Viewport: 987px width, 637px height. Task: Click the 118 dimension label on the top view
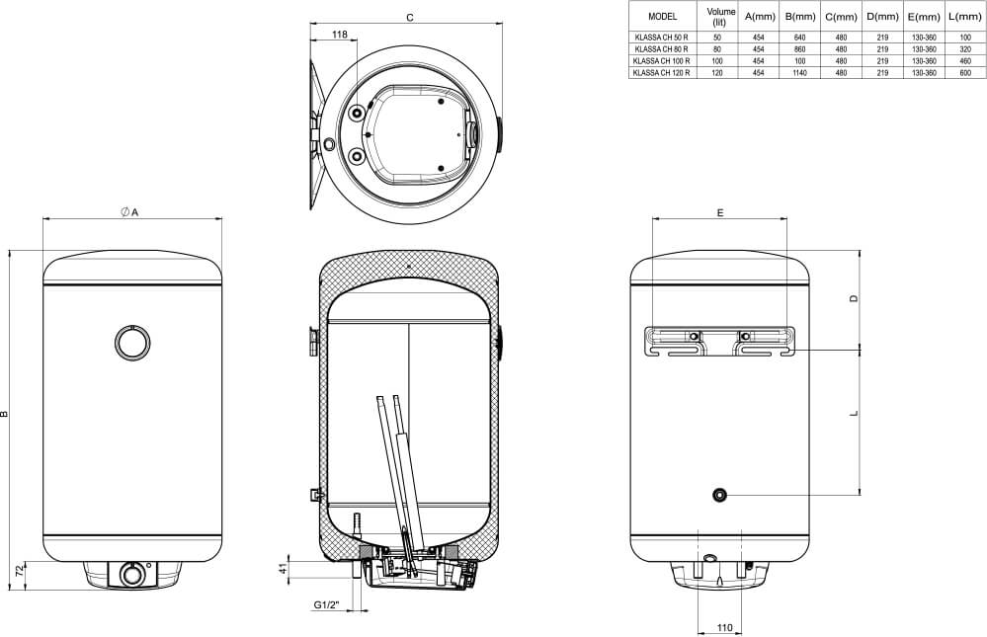(339, 35)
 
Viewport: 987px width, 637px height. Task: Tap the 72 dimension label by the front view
(19, 572)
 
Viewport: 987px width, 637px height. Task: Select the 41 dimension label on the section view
(284, 568)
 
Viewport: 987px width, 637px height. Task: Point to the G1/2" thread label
(327, 605)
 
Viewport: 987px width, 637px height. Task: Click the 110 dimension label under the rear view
(724, 627)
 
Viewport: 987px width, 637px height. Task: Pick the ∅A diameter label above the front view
(129, 212)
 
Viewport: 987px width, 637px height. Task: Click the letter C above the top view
(410, 18)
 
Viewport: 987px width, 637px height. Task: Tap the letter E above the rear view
(720, 212)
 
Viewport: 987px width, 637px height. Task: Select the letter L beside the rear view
(855, 414)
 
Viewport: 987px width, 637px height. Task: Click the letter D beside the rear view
(855, 298)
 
